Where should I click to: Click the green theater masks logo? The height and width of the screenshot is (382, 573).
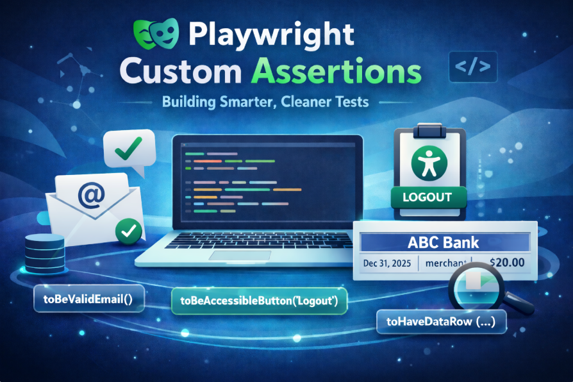coord(156,33)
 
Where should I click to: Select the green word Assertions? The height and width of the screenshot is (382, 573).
coord(336,71)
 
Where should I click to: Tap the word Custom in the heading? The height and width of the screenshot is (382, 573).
coord(181,71)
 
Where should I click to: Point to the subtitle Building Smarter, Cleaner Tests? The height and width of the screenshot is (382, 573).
coord(265,102)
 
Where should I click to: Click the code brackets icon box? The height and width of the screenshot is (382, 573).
coord(473,67)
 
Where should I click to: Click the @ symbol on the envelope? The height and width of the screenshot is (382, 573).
coord(92,195)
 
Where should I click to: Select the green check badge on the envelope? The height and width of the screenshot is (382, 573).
coord(129,231)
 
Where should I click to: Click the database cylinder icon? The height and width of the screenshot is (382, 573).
coord(45,254)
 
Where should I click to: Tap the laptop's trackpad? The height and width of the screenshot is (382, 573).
coord(240,256)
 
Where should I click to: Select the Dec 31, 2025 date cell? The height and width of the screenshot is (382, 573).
coord(387,263)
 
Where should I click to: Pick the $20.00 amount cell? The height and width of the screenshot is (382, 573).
coord(507,262)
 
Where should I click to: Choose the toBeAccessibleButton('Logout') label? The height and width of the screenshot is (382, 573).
coord(259,301)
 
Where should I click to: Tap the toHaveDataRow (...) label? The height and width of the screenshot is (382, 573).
coord(441,322)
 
